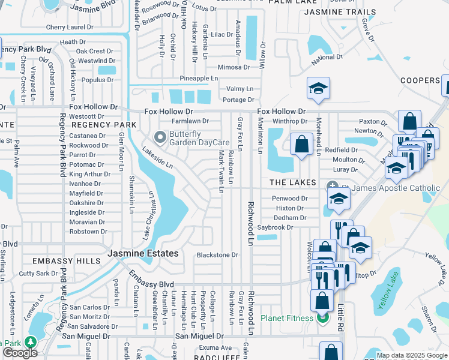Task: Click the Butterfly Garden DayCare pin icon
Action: pyautogui.click(x=160, y=138)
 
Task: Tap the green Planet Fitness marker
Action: pyautogui.click(x=323, y=317)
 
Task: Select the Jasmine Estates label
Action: pyautogui.click(x=143, y=254)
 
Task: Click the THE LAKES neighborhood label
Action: pyautogui.click(x=288, y=182)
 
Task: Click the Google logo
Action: pyautogui.click(x=20, y=353)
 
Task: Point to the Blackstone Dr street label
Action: pyautogui.click(x=217, y=255)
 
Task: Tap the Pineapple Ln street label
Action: pyautogui.click(x=199, y=79)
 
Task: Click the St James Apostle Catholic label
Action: pyautogui.click(x=396, y=188)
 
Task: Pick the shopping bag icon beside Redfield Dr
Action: pyautogui.click(x=301, y=145)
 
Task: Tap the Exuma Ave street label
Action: pyautogui.click(x=215, y=347)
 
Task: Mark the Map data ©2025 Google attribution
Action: pyautogui.click(x=411, y=355)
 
